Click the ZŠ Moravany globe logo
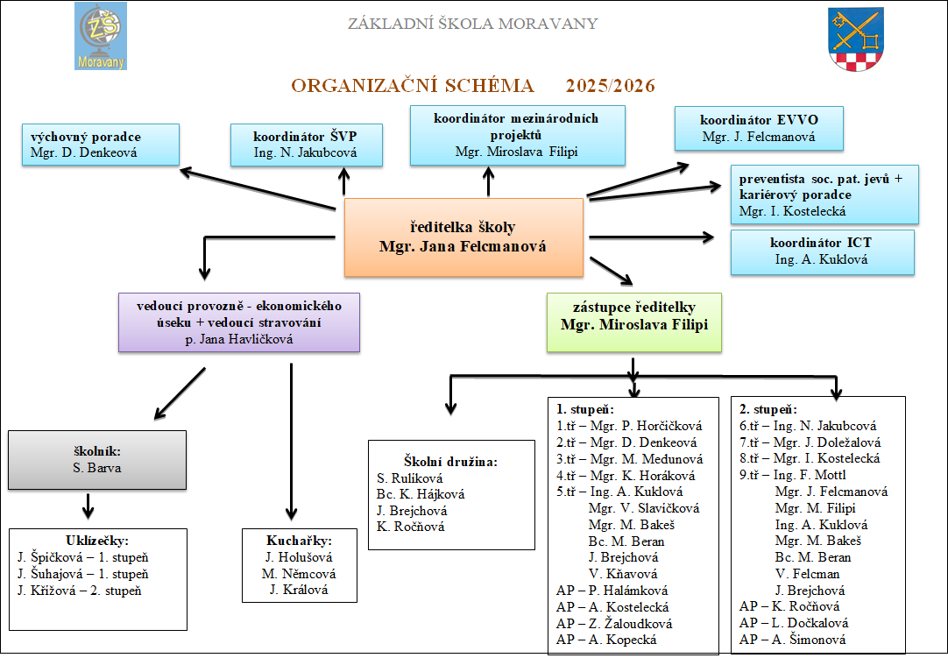tap(101, 36)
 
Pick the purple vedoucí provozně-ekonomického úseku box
tap(239, 322)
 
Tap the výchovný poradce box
tap(103, 145)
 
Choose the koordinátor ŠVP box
tap(306, 145)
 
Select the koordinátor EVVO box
tap(760, 128)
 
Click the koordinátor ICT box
tap(821, 251)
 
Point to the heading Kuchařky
tap(300, 540)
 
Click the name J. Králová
tap(300, 590)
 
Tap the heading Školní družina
tap(450, 461)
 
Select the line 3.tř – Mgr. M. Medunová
tap(629, 458)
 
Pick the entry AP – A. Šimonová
tap(792, 640)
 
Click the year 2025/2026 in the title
tap(610, 86)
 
